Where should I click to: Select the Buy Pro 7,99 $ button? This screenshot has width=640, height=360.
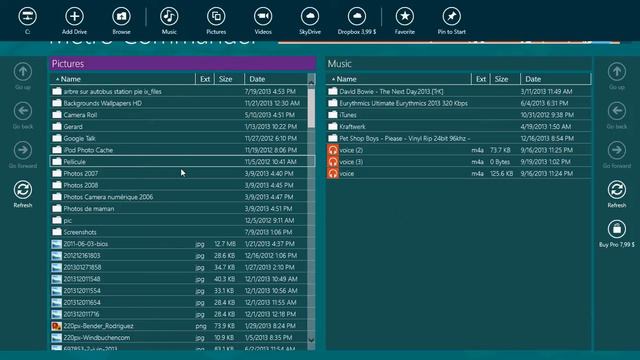click(x=617, y=230)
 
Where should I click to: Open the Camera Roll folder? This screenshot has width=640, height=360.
click(x=80, y=115)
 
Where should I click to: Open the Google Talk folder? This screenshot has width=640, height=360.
click(x=80, y=138)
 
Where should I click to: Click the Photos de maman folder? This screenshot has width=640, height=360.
click(x=88, y=208)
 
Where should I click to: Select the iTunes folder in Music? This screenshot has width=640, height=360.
click(x=347, y=115)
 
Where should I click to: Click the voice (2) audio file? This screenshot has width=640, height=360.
click(x=351, y=150)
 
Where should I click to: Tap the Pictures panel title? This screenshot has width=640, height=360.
click(x=68, y=64)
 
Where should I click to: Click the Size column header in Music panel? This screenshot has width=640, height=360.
click(x=502, y=79)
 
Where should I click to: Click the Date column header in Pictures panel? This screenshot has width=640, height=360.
click(x=257, y=79)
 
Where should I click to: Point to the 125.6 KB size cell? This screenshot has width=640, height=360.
click(x=500, y=174)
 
